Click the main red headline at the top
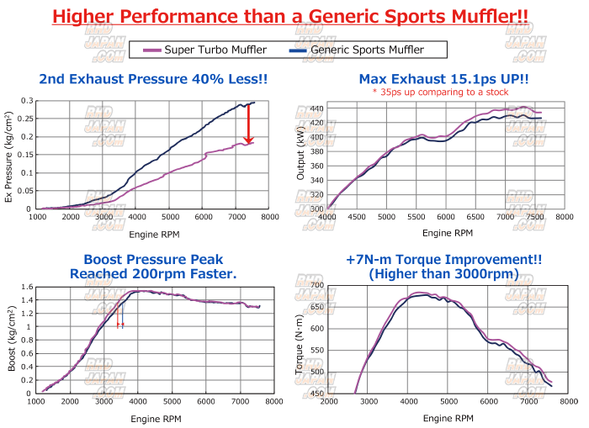[294, 17]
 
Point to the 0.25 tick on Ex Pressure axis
[29, 119]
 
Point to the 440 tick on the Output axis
[316, 108]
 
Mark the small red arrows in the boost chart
[120, 325]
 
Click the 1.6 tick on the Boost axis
[29, 288]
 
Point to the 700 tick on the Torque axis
[316, 286]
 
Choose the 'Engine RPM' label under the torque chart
[443, 418]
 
